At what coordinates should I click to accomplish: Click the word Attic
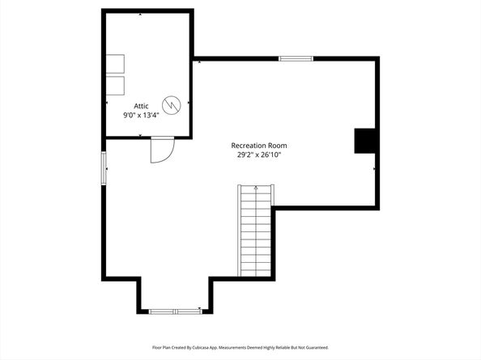(141, 106)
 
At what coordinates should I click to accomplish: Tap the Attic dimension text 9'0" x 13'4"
(141, 116)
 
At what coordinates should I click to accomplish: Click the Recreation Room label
(259, 146)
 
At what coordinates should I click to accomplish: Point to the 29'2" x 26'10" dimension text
(259, 155)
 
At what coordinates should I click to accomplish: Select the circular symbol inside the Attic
(172, 105)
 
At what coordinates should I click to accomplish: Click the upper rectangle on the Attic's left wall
(115, 64)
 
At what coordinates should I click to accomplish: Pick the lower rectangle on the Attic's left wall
(115, 86)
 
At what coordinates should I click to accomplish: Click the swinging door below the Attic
(162, 150)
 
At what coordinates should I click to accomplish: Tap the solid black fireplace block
(365, 141)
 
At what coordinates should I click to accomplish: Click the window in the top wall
(296, 59)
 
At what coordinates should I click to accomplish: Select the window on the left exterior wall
(104, 168)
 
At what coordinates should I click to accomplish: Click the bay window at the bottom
(176, 311)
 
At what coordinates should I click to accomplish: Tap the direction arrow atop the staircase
(256, 188)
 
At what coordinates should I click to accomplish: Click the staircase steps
(256, 231)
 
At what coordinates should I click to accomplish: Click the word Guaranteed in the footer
(318, 347)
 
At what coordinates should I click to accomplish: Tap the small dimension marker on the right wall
(374, 169)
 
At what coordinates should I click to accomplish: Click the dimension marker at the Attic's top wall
(141, 14)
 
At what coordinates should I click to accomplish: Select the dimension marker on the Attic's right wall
(189, 103)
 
